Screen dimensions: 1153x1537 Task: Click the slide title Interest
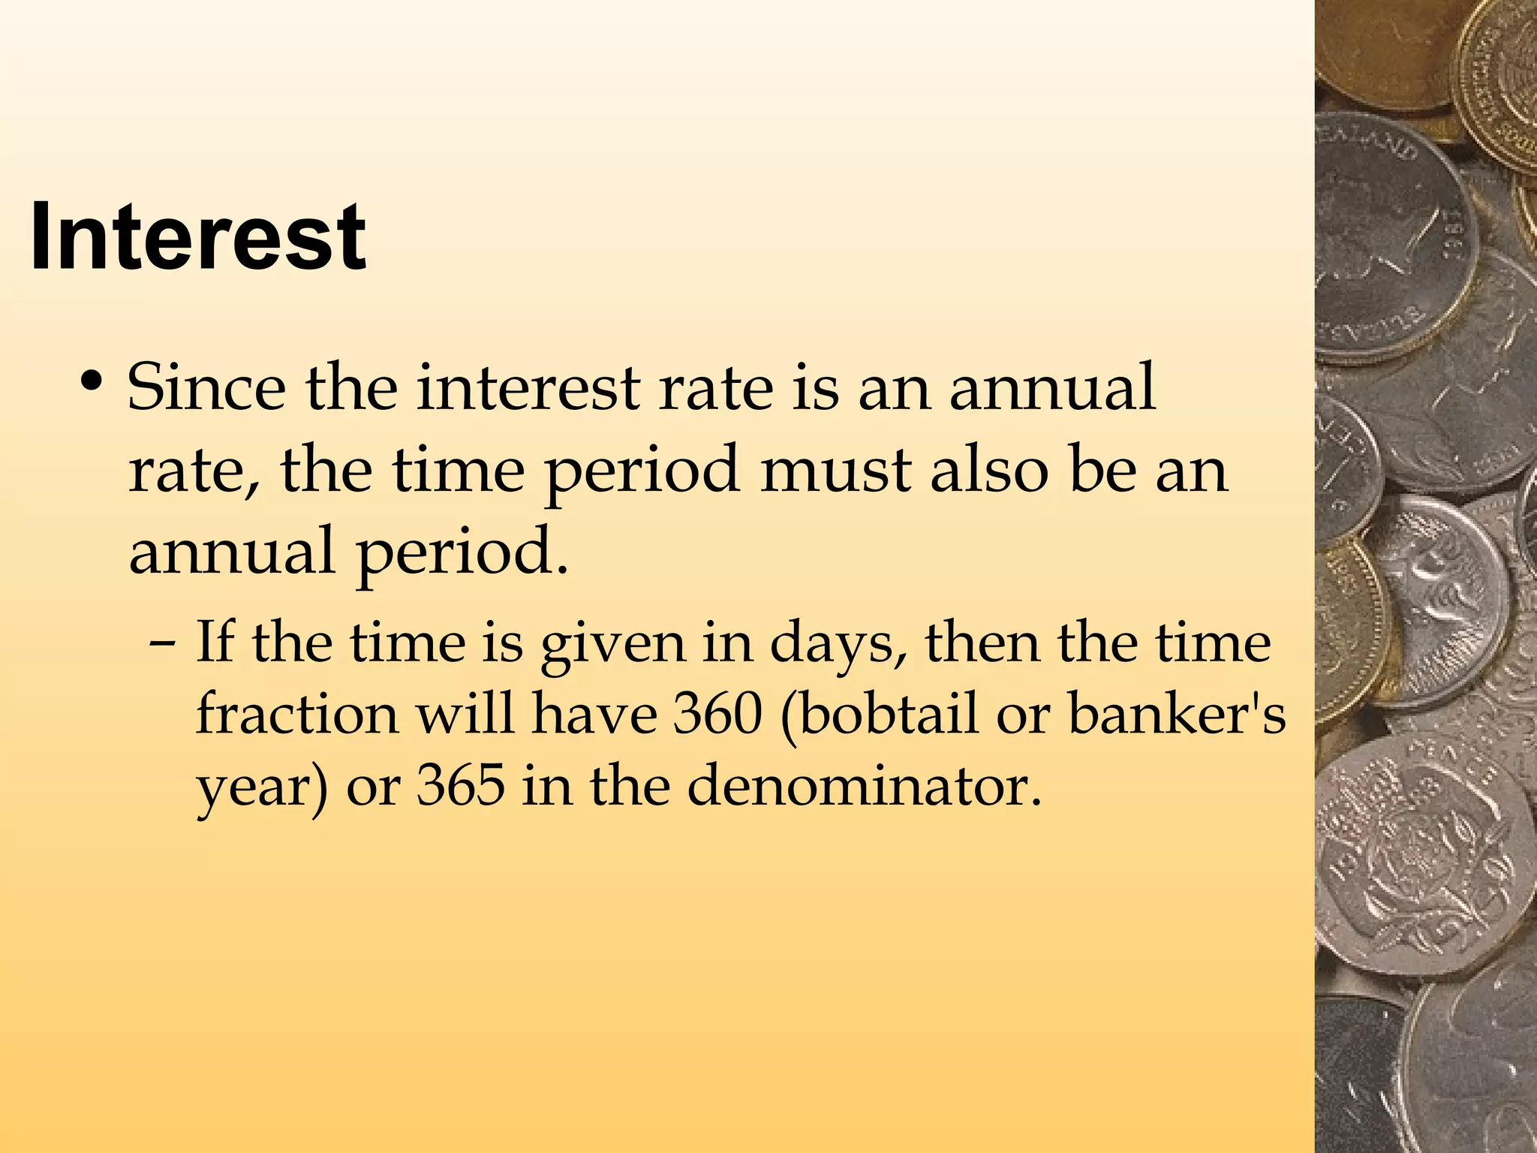pyautogui.click(x=197, y=237)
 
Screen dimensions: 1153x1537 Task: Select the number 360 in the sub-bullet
pyautogui.click(x=717, y=714)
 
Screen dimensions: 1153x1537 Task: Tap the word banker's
pyautogui.click(x=1176, y=714)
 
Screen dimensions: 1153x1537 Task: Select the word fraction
pyautogui.click(x=297, y=714)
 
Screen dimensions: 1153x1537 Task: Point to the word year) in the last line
pyautogui.click(x=262, y=789)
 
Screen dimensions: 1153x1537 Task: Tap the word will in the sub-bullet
pyautogui.click(x=465, y=714)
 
